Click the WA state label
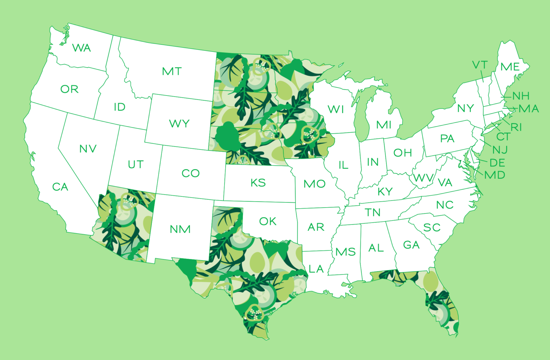coord(81,48)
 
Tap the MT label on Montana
coord(172,72)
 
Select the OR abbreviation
coord(69,89)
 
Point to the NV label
coord(88,149)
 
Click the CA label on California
coord(60,187)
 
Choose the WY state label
coord(179,124)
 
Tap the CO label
coord(190,174)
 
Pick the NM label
coord(180,229)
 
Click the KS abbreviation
coord(258,183)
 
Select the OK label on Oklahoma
coord(268,222)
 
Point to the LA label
coord(316,269)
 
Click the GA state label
coord(411,245)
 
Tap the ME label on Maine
coord(510,67)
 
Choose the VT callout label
coord(480,65)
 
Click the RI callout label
coord(516,127)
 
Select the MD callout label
coord(494,175)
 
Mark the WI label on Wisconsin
coord(336,110)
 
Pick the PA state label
coord(447,138)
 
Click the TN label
coord(373,213)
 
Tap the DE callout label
coord(497,163)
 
